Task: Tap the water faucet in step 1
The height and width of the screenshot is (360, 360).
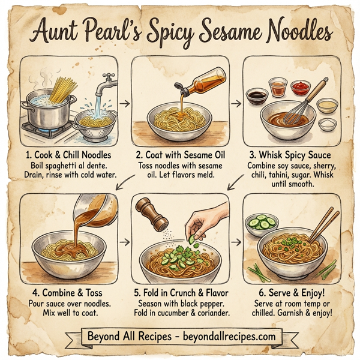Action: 107,80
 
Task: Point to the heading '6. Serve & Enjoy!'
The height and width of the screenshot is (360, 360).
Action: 290,293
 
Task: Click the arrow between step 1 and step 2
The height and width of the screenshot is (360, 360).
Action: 125,103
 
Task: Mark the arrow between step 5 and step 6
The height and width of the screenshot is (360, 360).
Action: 235,243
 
